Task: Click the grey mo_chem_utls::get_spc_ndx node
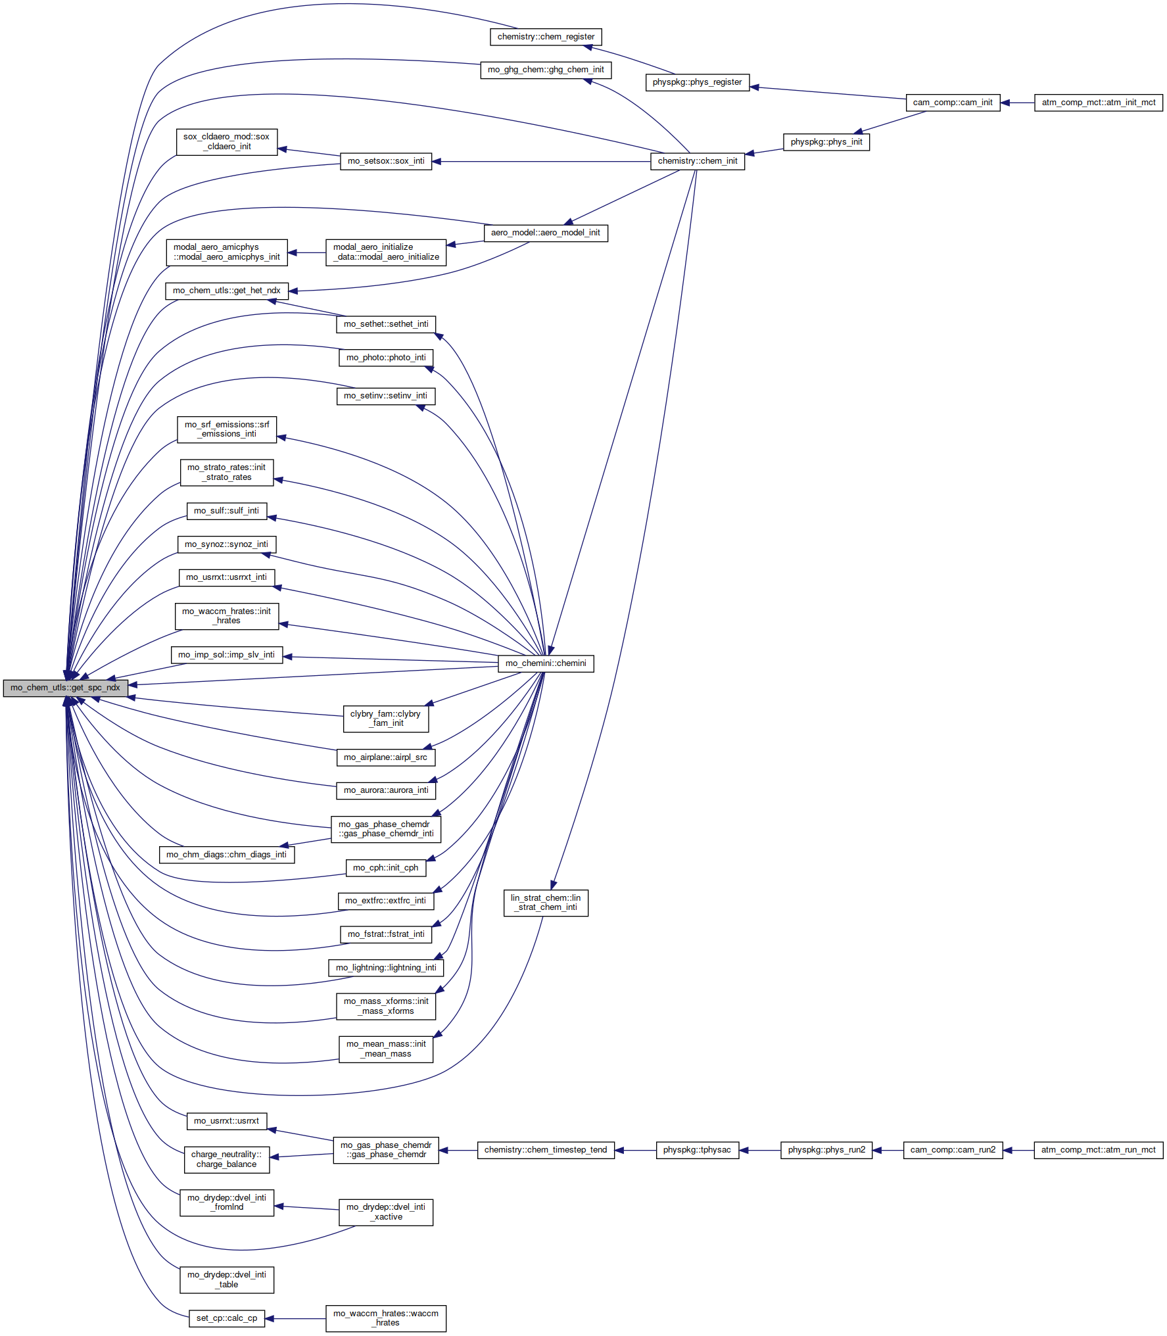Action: pyautogui.click(x=65, y=688)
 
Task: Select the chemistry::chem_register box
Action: pyautogui.click(x=546, y=37)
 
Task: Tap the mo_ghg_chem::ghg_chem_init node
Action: pyautogui.click(x=546, y=70)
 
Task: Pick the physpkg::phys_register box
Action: pyautogui.click(x=697, y=82)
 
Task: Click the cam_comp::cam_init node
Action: pyautogui.click(x=953, y=103)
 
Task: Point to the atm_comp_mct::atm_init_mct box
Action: pyautogui.click(x=1099, y=103)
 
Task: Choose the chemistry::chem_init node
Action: pyautogui.click(x=698, y=161)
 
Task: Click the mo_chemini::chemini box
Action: pyautogui.click(x=546, y=663)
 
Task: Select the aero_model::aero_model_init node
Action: pyautogui.click(x=546, y=233)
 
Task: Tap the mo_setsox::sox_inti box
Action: pyautogui.click(x=386, y=161)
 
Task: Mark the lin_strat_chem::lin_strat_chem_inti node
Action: pyautogui.click(x=546, y=903)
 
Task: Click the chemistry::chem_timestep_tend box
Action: pyautogui.click(x=546, y=1150)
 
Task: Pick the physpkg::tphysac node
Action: pyautogui.click(x=697, y=1150)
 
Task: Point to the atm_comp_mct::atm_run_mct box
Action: pyautogui.click(x=1099, y=1150)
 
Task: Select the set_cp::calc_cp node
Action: pyautogui.click(x=227, y=1318)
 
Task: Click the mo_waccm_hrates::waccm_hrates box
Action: pyautogui.click(x=386, y=1318)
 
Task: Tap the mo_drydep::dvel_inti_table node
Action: pyautogui.click(x=227, y=1279)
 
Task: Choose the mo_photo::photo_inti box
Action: pyautogui.click(x=386, y=358)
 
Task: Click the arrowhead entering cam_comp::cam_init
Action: pyautogui.click(x=1005, y=103)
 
